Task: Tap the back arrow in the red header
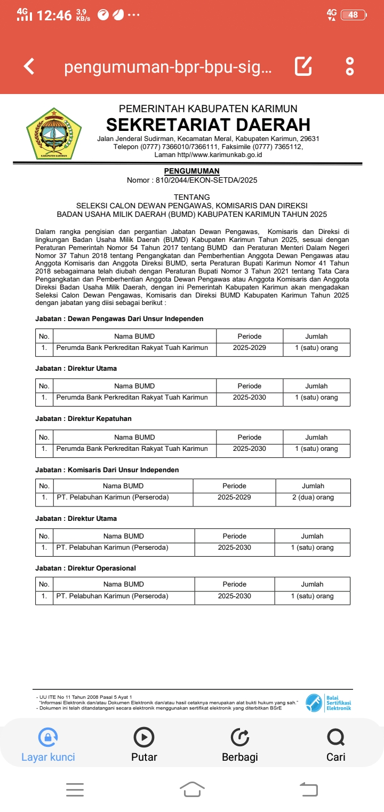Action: [29, 66]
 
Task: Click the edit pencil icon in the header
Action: [303, 66]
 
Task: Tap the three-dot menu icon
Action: [350, 66]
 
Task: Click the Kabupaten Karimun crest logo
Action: [54, 134]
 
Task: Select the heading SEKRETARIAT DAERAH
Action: [208, 124]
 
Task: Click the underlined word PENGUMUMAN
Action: [192, 171]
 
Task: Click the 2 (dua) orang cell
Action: [313, 497]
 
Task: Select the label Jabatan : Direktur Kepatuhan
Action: [83, 418]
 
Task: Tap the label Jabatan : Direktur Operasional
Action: [85, 568]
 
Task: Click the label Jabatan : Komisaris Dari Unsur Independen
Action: [107, 470]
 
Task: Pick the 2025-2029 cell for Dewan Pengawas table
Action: [250, 348]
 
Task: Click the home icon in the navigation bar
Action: [192, 789]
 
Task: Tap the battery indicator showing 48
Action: [353, 15]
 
